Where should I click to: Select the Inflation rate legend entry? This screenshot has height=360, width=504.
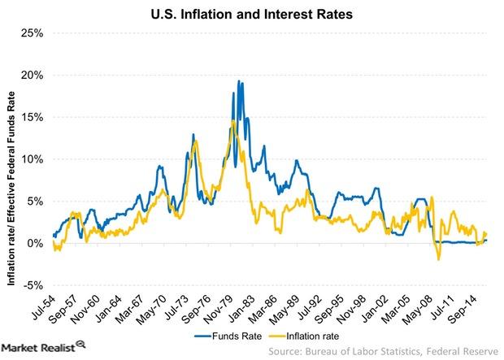tap(312, 334)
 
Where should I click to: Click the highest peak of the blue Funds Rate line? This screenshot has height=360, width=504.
tap(238, 80)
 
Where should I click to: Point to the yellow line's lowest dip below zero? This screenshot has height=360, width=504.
tap(438, 259)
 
